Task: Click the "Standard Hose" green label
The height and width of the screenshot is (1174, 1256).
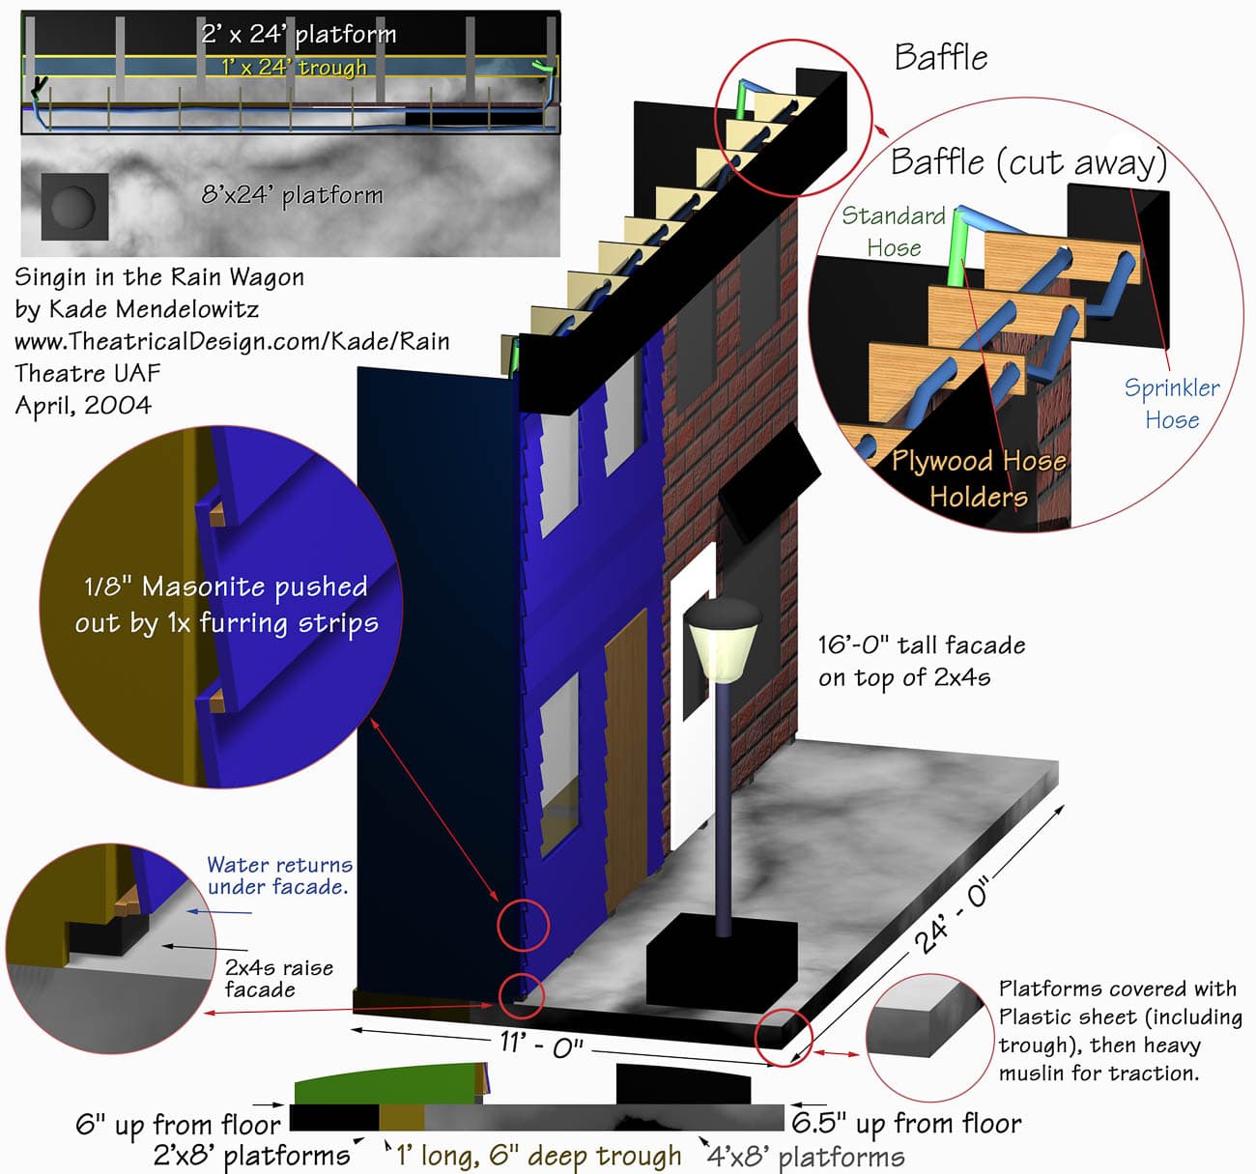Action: click(x=893, y=231)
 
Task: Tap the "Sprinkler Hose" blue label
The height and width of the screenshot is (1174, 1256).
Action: click(x=1171, y=403)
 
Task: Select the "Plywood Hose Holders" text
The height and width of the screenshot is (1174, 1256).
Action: click(x=978, y=478)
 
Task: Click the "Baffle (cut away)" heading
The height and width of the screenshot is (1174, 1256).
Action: click(x=1028, y=162)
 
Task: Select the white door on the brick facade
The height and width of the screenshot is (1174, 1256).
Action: click(x=692, y=696)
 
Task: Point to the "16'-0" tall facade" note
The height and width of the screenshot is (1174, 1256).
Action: click(x=920, y=660)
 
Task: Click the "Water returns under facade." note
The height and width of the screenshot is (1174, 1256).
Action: click(x=279, y=875)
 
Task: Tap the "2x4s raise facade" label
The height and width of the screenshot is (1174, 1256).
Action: click(x=278, y=978)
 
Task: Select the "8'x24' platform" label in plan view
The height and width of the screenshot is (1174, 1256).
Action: click(x=292, y=195)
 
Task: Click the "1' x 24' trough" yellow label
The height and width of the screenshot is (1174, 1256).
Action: click(x=294, y=67)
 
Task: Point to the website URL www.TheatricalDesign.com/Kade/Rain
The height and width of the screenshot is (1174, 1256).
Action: click(x=232, y=341)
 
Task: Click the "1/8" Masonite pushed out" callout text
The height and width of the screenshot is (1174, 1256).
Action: click(x=226, y=604)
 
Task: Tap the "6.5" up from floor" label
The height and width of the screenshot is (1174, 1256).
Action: click(x=906, y=1123)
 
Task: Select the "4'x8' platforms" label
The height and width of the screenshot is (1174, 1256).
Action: click(x=806, y=1157)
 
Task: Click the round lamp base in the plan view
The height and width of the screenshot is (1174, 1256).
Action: click(x=74, y=206)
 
